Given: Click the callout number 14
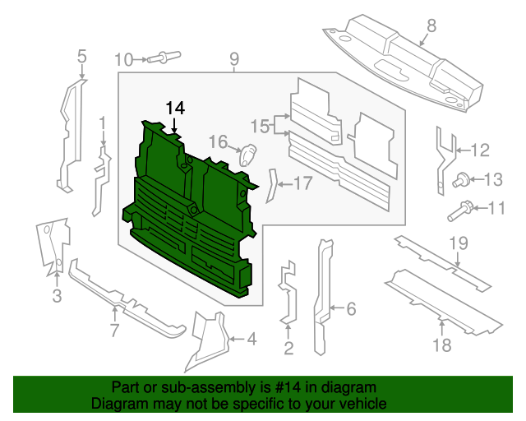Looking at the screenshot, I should [x=175, y=108].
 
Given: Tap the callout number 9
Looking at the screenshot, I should [x=234, y=58].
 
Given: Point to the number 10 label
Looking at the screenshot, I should [x=122, y=59].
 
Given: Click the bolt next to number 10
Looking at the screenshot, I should [x=165, y=58].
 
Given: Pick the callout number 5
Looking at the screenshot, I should [x=81, y=57].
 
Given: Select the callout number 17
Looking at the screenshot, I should [x=302, y=183].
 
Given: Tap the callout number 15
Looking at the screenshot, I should [x=260, y=126].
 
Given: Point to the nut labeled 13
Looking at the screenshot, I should [x=461, y=180].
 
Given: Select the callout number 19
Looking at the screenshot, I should [x=459, y=243].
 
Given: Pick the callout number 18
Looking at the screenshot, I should [x=441, y=345].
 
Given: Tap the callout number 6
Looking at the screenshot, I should [x=351, y=309].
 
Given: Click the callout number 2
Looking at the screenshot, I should [x=288, y=349].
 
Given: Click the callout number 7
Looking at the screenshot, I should [x=114, y=331].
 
